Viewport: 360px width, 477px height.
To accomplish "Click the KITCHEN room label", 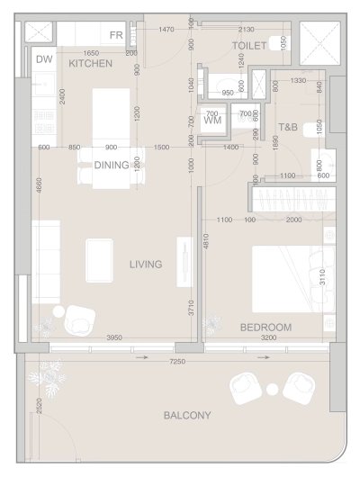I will pos(91,64).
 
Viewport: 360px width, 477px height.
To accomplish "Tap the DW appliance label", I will pos(44,59).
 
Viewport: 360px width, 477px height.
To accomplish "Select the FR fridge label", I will pos(116,35).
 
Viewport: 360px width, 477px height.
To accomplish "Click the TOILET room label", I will pos(249,44).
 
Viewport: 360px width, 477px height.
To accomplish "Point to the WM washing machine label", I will pos(213,119).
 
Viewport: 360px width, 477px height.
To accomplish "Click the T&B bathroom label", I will pos(289,127).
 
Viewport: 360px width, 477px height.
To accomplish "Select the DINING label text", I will pos(112,165).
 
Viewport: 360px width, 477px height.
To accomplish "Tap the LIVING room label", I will pos(146,265).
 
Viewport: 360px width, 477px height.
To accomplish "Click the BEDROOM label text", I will pos(265,328).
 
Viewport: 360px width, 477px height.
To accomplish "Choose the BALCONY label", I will pos(187,415).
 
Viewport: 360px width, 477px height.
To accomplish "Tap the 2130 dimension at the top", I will pos(246,30).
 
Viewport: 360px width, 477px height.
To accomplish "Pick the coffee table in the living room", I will pos(98,259).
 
